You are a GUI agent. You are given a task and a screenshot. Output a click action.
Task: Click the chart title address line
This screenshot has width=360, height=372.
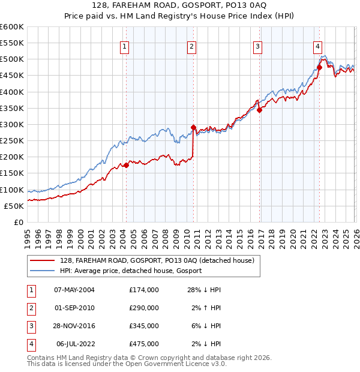coord(180,5)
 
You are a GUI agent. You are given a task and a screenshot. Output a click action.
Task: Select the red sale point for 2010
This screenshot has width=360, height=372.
coord(193,127)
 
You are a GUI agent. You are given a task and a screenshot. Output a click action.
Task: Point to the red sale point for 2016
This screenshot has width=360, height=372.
coord(259,110)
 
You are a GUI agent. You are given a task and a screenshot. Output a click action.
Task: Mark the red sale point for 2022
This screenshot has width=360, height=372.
coord(319,67)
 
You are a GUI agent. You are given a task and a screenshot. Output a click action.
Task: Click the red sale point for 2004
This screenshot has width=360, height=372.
coord(126,166)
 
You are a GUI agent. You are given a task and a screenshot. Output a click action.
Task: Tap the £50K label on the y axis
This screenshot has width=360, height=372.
coord(14,206)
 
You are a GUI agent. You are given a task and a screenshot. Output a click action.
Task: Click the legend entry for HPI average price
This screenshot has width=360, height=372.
coord(130,271)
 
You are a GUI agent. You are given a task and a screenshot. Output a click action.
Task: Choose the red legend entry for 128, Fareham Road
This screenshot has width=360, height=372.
coord(157,260)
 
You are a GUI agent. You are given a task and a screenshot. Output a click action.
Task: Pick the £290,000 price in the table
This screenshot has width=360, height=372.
coord(143,308)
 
